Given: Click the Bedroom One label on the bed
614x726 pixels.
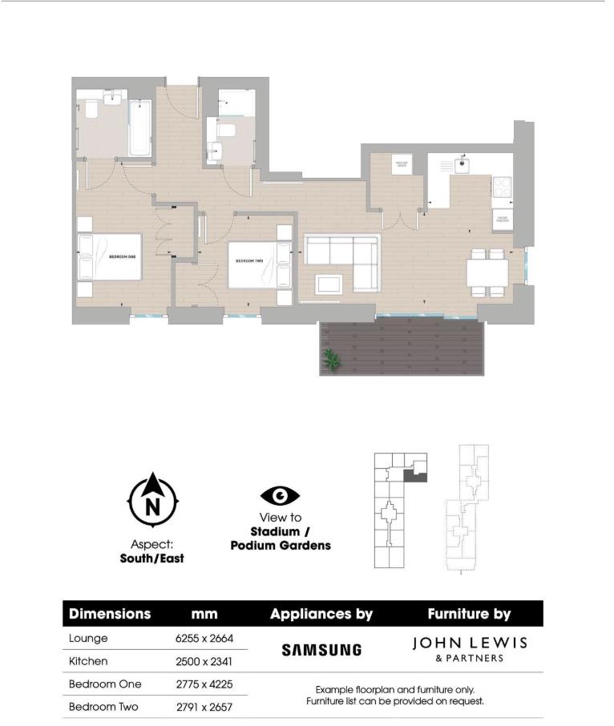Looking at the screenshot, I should [121, 257].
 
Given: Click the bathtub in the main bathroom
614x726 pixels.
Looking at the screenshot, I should [140, 128].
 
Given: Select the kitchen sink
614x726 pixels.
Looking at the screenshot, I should [463, 165].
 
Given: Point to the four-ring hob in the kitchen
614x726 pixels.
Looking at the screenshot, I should [502, 188].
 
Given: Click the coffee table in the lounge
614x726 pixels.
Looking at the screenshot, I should [329, 283].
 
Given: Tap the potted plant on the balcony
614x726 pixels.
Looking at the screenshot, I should [330, 361].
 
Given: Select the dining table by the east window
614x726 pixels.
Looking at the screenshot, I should [487, 272].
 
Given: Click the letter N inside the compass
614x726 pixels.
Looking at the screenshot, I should [153, 506].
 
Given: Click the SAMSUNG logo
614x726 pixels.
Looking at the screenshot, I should [321, 650].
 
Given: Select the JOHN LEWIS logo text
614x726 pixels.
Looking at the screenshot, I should [469, 643].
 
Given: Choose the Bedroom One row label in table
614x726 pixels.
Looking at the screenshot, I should [105, 684].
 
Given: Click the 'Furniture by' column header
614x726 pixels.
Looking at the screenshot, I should [469, 615].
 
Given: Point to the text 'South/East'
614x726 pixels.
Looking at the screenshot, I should [152, 558].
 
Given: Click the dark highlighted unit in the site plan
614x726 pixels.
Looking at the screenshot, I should [412, 475].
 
